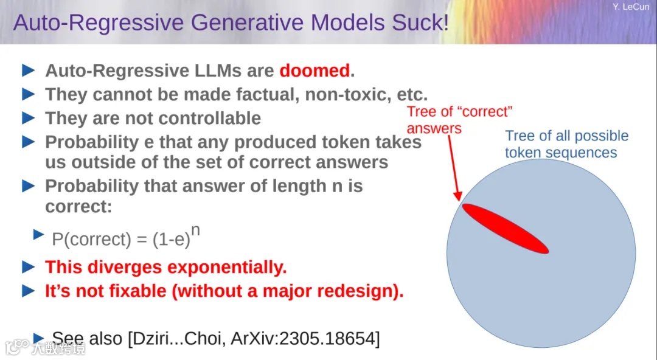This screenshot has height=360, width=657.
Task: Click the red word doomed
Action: (315, 71)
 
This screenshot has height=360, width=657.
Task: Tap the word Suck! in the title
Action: (420, 22)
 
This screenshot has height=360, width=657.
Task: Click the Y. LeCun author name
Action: (631, 7)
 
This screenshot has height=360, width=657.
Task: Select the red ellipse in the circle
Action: (506, 229)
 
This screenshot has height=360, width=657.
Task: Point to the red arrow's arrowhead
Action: (457, 195)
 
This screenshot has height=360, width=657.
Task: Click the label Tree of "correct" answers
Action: (460, 120)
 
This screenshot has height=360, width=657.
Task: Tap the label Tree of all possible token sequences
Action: (566, 144)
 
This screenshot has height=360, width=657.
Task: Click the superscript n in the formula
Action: (195, 231)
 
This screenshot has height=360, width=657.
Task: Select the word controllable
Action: (210, 118)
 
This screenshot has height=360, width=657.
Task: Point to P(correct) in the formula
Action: (91, 240)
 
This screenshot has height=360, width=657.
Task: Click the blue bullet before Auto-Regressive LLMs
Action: (28, 71)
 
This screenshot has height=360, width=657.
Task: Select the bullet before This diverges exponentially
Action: (28, 266)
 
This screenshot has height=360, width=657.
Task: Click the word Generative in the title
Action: (247, 22)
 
